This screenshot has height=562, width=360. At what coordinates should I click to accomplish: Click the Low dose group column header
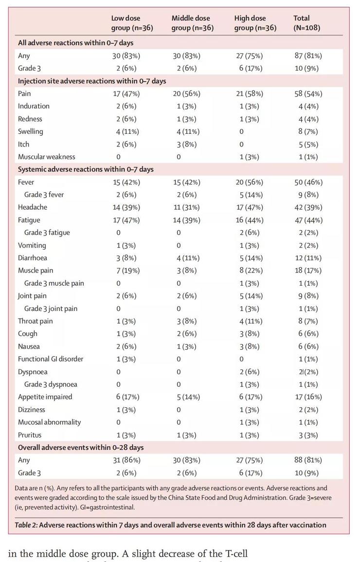tap(132, 23)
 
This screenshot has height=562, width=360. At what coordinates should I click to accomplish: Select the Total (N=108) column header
tap(307, 23)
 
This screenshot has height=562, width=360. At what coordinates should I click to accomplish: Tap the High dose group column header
tap(255, 23)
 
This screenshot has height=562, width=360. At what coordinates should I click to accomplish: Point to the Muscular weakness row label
tap(47, 157)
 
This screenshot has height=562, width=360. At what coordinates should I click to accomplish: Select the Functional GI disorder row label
tap(51, 359)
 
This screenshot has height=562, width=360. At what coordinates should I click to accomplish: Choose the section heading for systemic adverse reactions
tap(86, 169)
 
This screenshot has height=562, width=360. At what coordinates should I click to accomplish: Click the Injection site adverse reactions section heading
tap(92, 81)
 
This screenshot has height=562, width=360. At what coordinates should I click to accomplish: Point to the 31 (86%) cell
tap(126, 460)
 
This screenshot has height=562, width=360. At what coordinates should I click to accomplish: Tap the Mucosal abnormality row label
tap(50, 422)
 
